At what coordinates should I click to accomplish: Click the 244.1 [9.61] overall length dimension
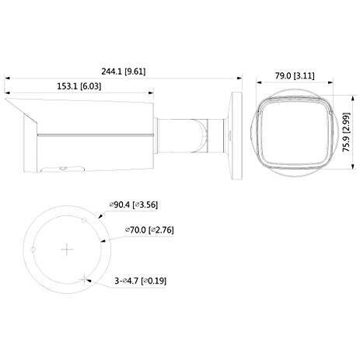click(124, 72)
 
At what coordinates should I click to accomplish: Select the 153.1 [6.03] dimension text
click(79, 86)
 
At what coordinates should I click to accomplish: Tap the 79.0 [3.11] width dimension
click(295, 76)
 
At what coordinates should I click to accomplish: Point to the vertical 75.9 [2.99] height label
click(346, 132)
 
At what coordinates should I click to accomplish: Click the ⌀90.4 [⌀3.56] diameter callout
click(134, 204)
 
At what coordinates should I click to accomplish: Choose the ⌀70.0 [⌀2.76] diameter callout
click(149, 229)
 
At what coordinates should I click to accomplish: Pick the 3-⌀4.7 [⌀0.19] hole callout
click(141, 281)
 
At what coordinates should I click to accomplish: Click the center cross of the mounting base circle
click(67, 250)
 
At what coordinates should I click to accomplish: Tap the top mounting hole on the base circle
click(84, 220)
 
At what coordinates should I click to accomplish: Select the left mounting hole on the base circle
click(33, 250)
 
